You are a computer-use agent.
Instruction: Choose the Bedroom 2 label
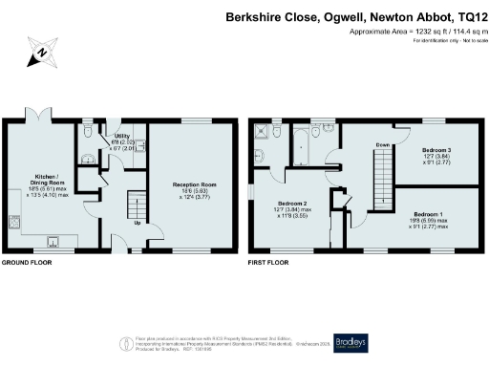pyautogui.click(x=293, y=206)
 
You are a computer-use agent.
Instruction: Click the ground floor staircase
pyautogui.click(x=136, y=205)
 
